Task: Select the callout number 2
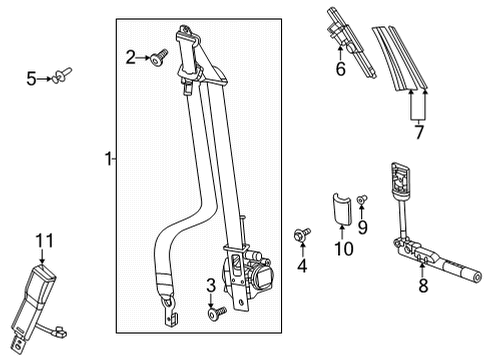130,56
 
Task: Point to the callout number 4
299,267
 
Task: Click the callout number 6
340,69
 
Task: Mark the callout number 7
419,132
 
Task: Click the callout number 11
42,240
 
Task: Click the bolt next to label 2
160,59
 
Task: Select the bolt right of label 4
300,235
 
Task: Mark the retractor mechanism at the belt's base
250,271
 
